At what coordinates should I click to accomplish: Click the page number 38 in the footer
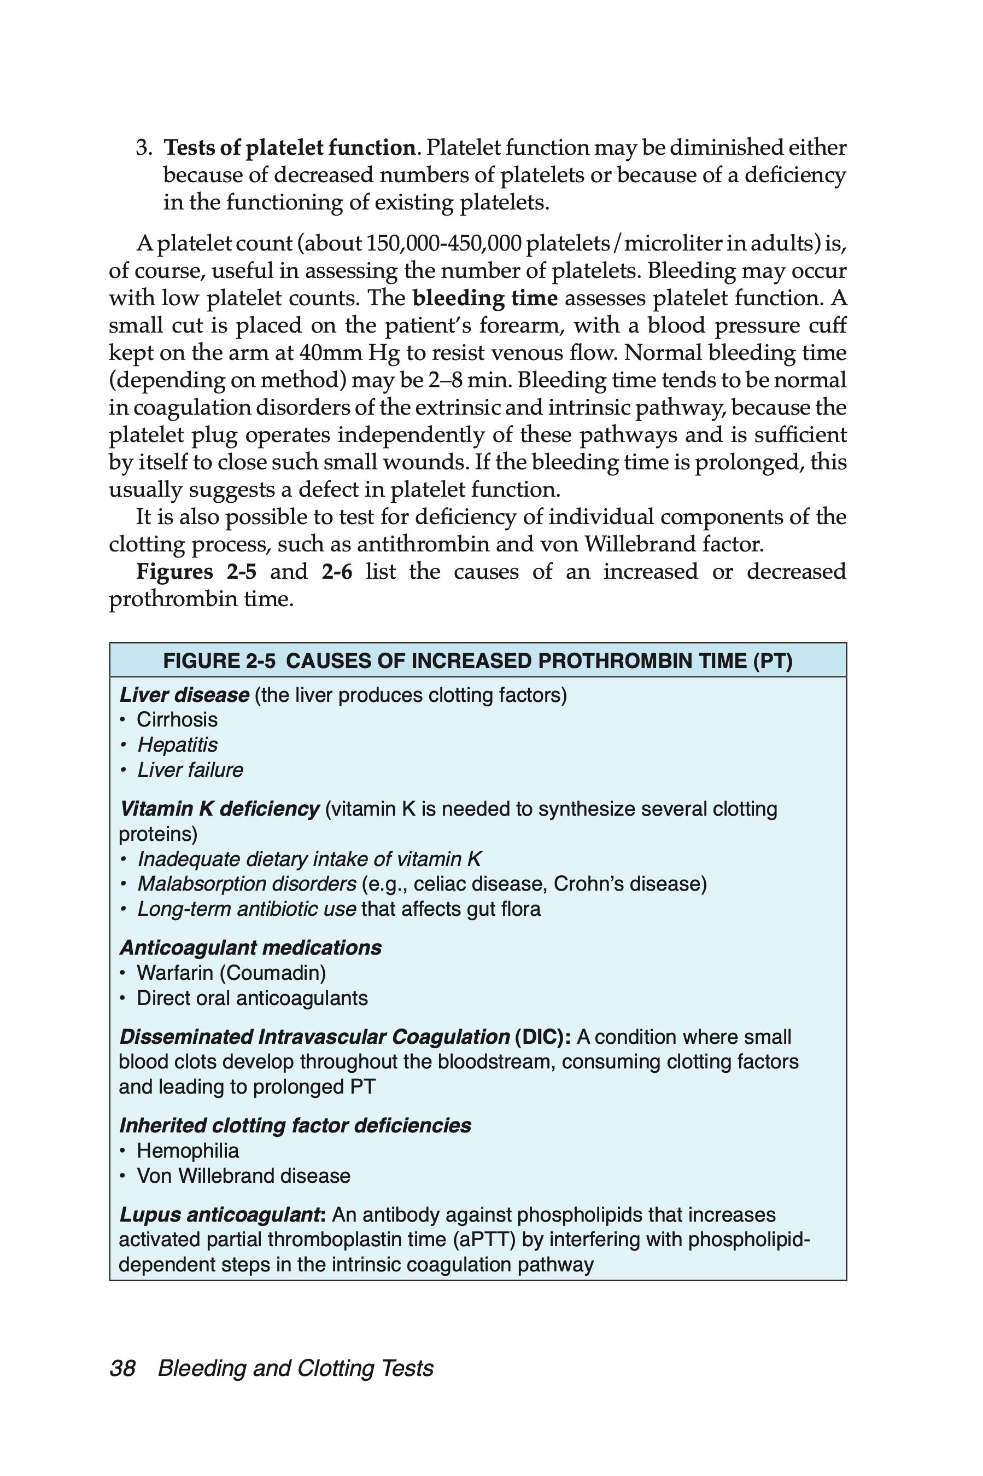coord(122,1368)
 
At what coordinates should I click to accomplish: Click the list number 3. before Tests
coord(144,148)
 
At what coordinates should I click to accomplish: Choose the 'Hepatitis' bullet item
coord(178,745)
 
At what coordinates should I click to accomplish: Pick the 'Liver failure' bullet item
coord(190,770)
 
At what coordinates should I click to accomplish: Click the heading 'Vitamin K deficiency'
coord(219,809)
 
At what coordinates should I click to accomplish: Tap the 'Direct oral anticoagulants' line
coord(252,998)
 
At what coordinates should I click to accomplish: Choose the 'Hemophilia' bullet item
coord(188,1151)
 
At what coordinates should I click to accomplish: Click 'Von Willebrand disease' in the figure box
coord(243,1176)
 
